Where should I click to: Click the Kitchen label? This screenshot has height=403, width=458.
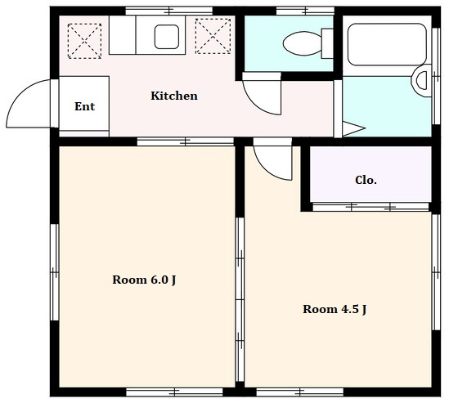pyautogui.click(x=174, y=96)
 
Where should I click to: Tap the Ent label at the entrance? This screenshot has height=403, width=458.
pyautogui.click(x=84, y=106)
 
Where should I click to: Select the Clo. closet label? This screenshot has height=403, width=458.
pyautogui.click(x=366, y=180)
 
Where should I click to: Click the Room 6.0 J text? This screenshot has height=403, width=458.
pyautogui.click(x=144, y=280)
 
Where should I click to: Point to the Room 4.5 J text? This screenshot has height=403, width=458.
pyautogui.click(x=335, y=309)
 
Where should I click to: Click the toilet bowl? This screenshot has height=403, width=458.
pyautogui.click(x=303, y=43)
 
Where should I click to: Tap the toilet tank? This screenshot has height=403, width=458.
pyautogui.click(x=327, y=43)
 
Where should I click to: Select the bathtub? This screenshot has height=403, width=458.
pyautogui.click(x=387, y=44)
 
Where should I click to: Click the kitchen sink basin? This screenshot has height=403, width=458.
pyautogui.click(x=167, y=37)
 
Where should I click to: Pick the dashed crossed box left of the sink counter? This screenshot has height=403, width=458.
pyautogui.click(x=84, y=41)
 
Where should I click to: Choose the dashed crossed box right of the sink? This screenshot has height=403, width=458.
pyautogui.click(x=213, y=36)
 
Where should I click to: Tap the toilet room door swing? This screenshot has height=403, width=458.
pyautogui.click(x=257, y=104)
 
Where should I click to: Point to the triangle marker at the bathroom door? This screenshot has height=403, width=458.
pyautogui.click(x=353, y=128)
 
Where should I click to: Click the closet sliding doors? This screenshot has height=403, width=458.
pyautogui.click(x=370, y=207)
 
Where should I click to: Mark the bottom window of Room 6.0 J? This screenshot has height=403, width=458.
pyautogui.click(x=174, y=392)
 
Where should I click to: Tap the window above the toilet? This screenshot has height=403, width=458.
pyautogui.click(x=305, y=11)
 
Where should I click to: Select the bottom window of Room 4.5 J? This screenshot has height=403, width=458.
pyautogui.click(x=299, y=392)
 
